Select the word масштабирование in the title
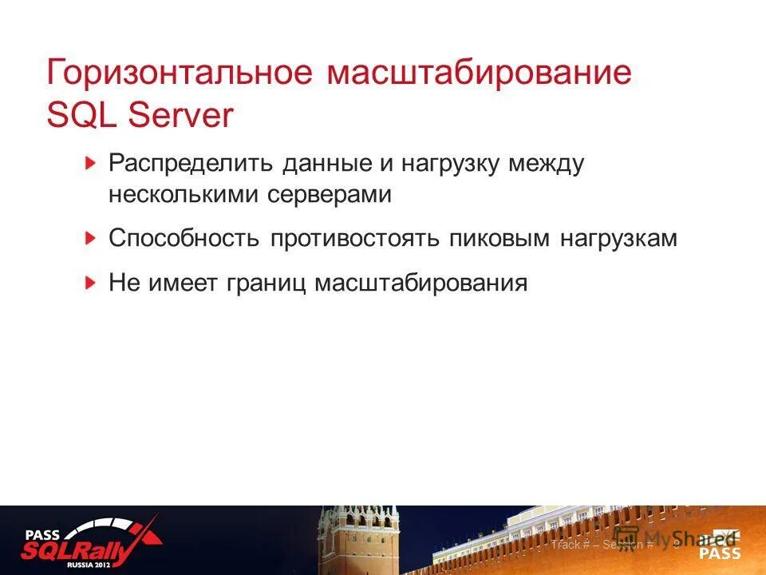(x=479, y=73)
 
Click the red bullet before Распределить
(x=92, y=164)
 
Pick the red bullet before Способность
(x=92, y=238)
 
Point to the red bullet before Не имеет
(x=92, y=283)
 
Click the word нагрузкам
(x=622, y=239)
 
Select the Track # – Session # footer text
(x=602, y=545)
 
